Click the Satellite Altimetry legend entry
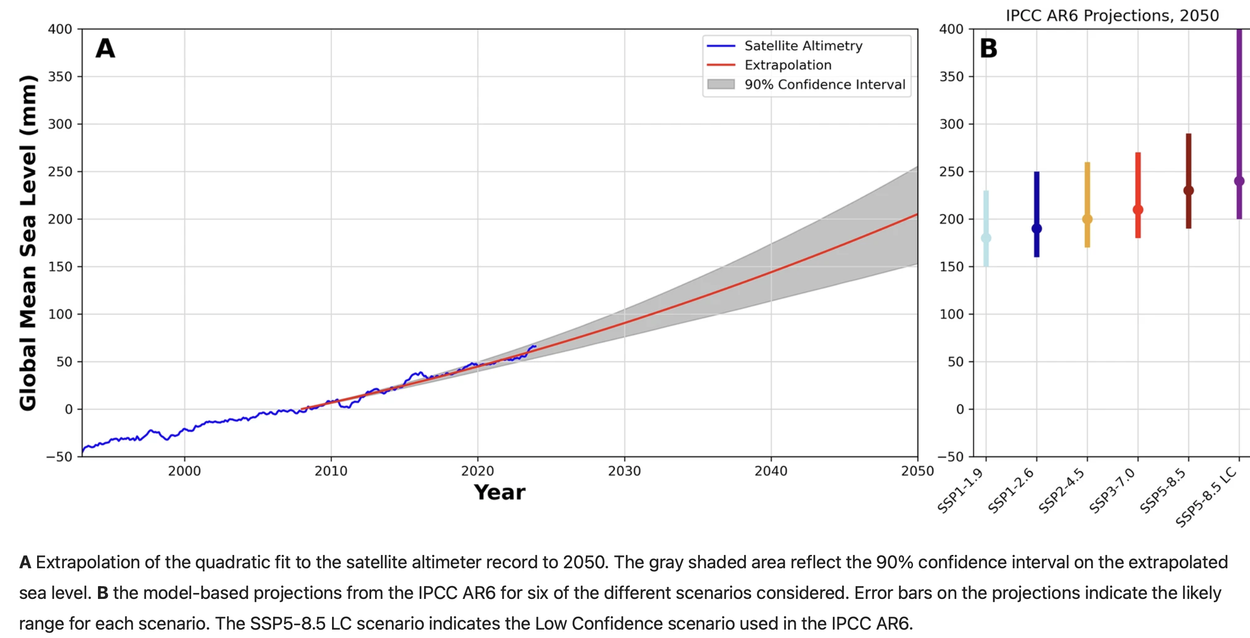coord(803,46)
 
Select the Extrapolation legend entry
coord(787,65)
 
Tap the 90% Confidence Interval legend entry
coord(824,85)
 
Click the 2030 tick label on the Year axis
coord(624,471)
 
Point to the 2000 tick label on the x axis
coord(184,471)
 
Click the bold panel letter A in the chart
coord(105,48)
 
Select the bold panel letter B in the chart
coord(988,48)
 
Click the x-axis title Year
coord(499,493)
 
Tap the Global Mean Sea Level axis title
coord(28,242)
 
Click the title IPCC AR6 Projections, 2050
coord(1112,16)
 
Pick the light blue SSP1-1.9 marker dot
coord(986,238)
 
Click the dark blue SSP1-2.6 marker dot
coord(1036,228)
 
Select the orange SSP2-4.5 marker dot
coord(1087,219)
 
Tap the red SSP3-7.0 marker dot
coord(1138,210)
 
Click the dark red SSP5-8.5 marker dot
coord(1188,190)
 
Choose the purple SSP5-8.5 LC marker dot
coord(1239,181)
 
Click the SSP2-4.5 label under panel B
coord(1061,491)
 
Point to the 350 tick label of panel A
coord(60,77)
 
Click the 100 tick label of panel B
coord(951,315)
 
